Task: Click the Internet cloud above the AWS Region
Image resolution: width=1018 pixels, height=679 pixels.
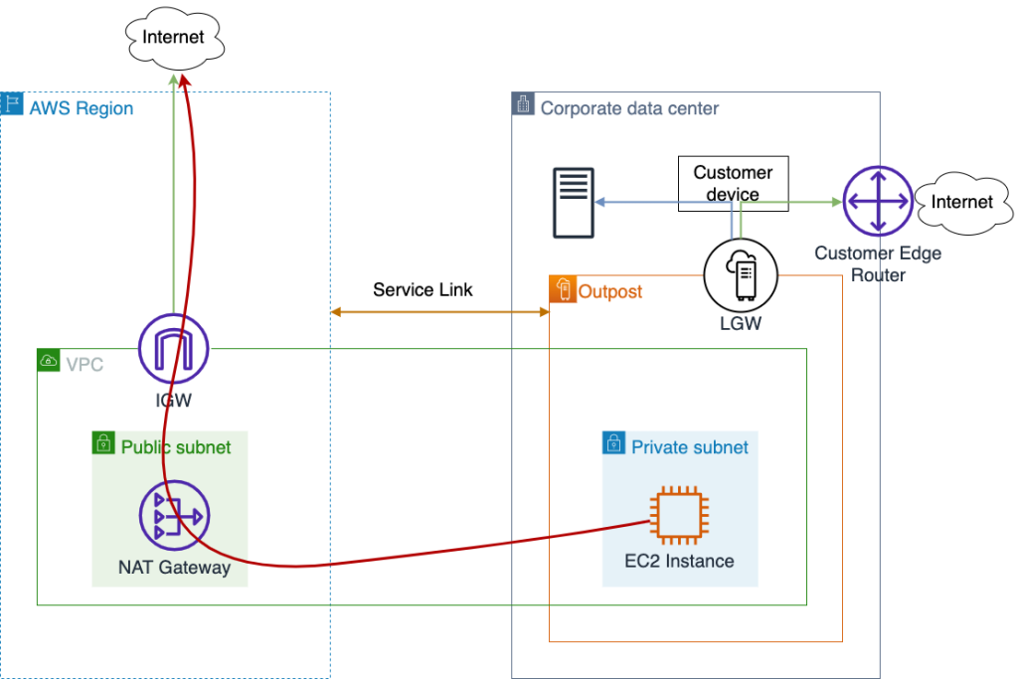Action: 174,38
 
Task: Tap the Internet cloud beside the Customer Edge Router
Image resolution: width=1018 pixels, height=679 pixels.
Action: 960,202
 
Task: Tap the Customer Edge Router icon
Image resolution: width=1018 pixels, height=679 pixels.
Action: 877,202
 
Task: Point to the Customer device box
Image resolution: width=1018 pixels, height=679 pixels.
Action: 733,183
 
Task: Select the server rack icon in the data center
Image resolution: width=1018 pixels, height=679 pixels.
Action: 574,203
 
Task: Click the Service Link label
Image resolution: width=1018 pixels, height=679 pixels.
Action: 423,290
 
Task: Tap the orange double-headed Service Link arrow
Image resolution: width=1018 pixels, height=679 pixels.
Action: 439,312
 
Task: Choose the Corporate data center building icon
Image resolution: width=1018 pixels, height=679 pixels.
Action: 523,104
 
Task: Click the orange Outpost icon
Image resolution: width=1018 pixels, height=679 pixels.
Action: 563,289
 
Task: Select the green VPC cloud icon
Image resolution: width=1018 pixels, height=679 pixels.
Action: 49,361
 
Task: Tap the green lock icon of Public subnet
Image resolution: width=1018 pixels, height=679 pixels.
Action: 104,443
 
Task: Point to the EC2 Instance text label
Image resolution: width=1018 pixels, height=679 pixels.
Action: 679,561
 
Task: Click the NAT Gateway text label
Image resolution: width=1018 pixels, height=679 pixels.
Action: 174,569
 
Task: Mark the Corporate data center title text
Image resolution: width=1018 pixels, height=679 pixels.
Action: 629,108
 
